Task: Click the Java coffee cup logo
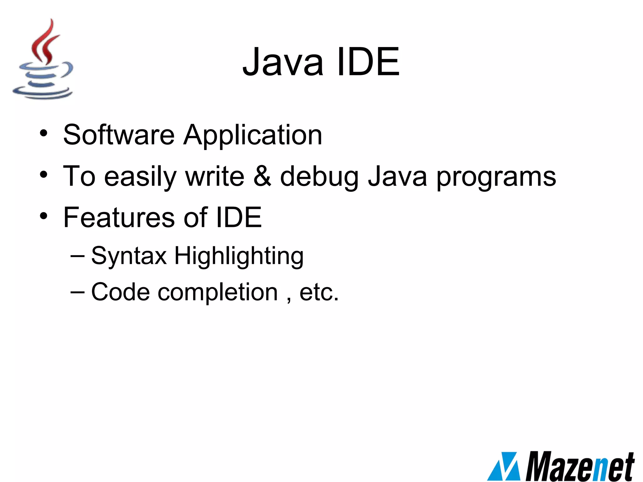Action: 42,60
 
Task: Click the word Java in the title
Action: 283,62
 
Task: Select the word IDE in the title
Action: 368,62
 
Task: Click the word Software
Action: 119,135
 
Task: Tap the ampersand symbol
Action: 262,176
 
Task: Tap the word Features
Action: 119,217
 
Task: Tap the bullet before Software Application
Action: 44,134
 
